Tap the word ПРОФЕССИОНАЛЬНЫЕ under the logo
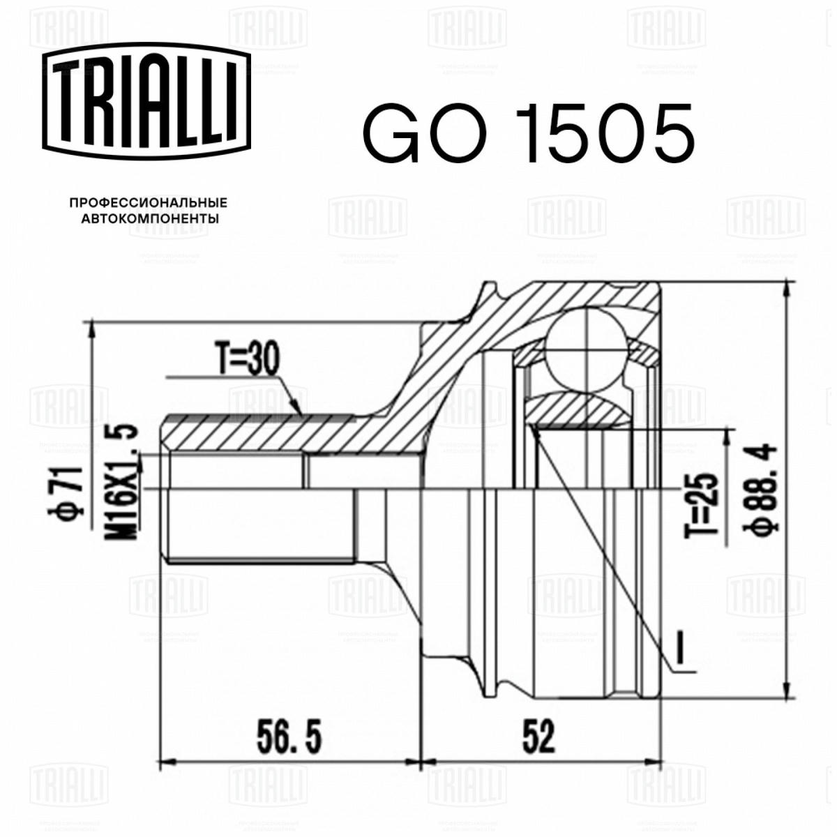(x=149, y=203)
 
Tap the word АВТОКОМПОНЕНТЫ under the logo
(x=150, y=218)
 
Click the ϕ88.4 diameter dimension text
(x=763, y=488)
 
